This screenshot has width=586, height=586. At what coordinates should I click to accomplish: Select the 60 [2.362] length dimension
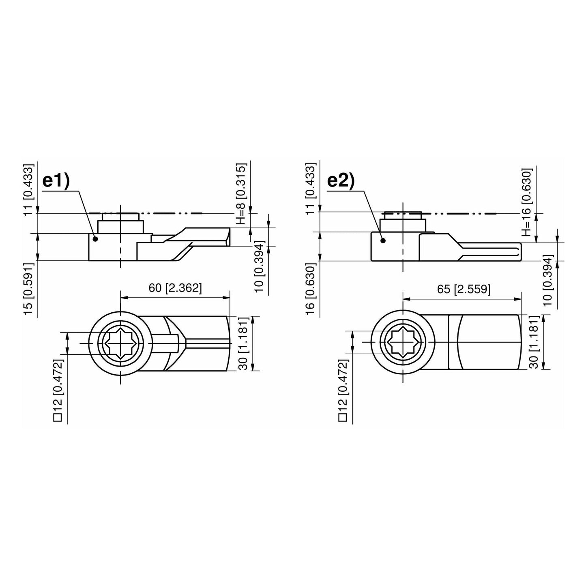[175, 288]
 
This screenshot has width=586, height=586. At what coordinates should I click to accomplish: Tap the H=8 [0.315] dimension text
[241, 194]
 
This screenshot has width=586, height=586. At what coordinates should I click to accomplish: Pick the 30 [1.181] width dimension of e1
[243, 343]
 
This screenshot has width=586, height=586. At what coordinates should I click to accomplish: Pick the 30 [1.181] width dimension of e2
[534, 342]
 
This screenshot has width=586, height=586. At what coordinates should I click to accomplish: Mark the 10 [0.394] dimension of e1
[260, 266]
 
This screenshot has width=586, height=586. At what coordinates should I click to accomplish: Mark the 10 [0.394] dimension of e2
[547, 280]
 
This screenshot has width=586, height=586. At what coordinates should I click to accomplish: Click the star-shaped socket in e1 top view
[120, 343]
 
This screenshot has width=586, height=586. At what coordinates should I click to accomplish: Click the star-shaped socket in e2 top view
[403, 342]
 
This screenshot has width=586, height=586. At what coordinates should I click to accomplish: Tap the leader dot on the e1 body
[96, 239]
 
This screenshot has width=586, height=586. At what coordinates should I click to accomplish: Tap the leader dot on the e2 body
[382, 240]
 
